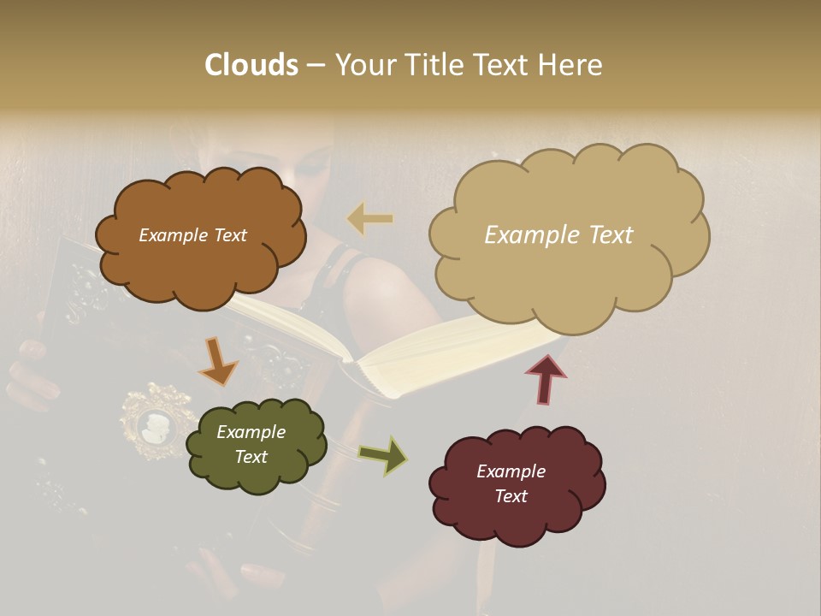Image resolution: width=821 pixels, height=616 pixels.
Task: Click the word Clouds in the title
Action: tap(251, 65)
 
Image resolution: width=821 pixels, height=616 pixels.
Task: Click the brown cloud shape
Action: tap(199, 236)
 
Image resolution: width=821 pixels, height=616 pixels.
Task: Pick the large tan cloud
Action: tap(568, 235)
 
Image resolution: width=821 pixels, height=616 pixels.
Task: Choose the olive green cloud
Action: tap(256, 445)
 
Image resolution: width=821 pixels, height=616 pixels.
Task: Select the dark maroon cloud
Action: tap(516, 484)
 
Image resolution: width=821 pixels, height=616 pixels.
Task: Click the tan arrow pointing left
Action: tap(370, 219)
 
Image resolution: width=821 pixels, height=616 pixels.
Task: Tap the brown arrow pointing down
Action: tap(218, 361)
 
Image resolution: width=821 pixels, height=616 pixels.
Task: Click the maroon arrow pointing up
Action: tap(545, 379)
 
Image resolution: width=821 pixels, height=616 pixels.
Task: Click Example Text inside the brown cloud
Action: tap(192, 235)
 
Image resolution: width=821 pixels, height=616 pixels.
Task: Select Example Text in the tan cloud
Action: tap(558, 235)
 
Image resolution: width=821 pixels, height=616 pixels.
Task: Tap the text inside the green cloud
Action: tap(251, 444)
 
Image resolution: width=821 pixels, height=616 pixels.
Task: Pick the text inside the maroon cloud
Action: tap(511, 483)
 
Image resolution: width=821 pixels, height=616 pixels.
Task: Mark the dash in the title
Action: tap(316, 66)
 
